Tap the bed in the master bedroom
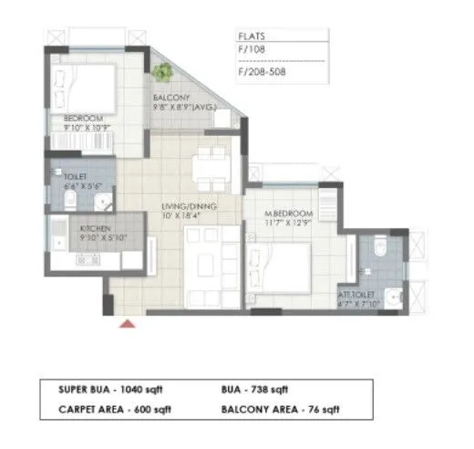coord(292,265)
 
